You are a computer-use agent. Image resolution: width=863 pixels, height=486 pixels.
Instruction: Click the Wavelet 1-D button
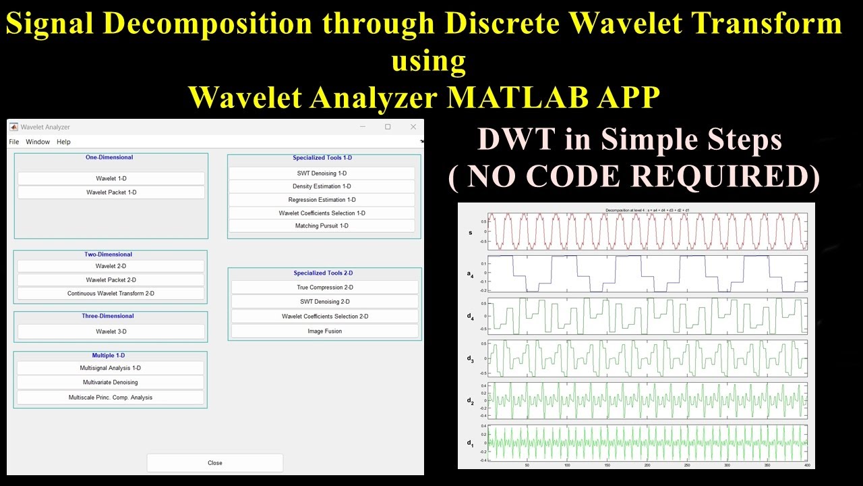click(x=111, y=178)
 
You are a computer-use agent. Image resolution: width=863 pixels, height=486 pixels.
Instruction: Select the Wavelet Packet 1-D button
click(x=111, y=192)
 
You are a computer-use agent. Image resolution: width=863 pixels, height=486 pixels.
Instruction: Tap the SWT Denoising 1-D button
click(x=322, y=173)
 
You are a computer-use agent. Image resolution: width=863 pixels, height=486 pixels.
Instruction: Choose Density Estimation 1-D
click(x=322, y=186)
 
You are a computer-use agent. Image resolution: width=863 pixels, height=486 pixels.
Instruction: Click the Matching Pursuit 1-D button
click(x=322, y=226)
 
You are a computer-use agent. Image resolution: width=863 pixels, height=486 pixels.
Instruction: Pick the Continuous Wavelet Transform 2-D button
click(x=111, y=294)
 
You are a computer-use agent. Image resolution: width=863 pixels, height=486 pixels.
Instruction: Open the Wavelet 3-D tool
click(x=111, y=331)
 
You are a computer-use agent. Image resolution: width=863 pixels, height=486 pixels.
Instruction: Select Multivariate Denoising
click(x=111, y=382)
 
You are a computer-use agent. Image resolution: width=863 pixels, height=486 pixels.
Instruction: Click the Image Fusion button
click(x=324, y=331)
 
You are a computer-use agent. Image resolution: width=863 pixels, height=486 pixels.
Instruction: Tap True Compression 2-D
click(x=324, y=288)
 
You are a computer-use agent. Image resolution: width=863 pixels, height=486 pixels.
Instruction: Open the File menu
click(x=14, y=142)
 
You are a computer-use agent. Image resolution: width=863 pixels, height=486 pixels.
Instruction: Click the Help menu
click(x=63, y=142)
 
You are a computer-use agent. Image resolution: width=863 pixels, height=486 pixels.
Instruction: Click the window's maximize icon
click(x=388, y=127)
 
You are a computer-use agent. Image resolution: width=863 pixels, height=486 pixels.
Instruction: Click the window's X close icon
click(x=413, y=127)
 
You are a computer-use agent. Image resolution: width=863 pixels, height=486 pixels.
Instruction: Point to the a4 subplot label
click(x=471, y=273)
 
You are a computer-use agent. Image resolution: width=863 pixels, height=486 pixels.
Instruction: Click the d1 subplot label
click(x=471, y=443)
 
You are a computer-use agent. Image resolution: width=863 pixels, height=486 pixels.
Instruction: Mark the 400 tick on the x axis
click(x=806, y=465)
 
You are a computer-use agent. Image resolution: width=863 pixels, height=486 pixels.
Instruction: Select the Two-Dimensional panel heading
click(x=108, y=254)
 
